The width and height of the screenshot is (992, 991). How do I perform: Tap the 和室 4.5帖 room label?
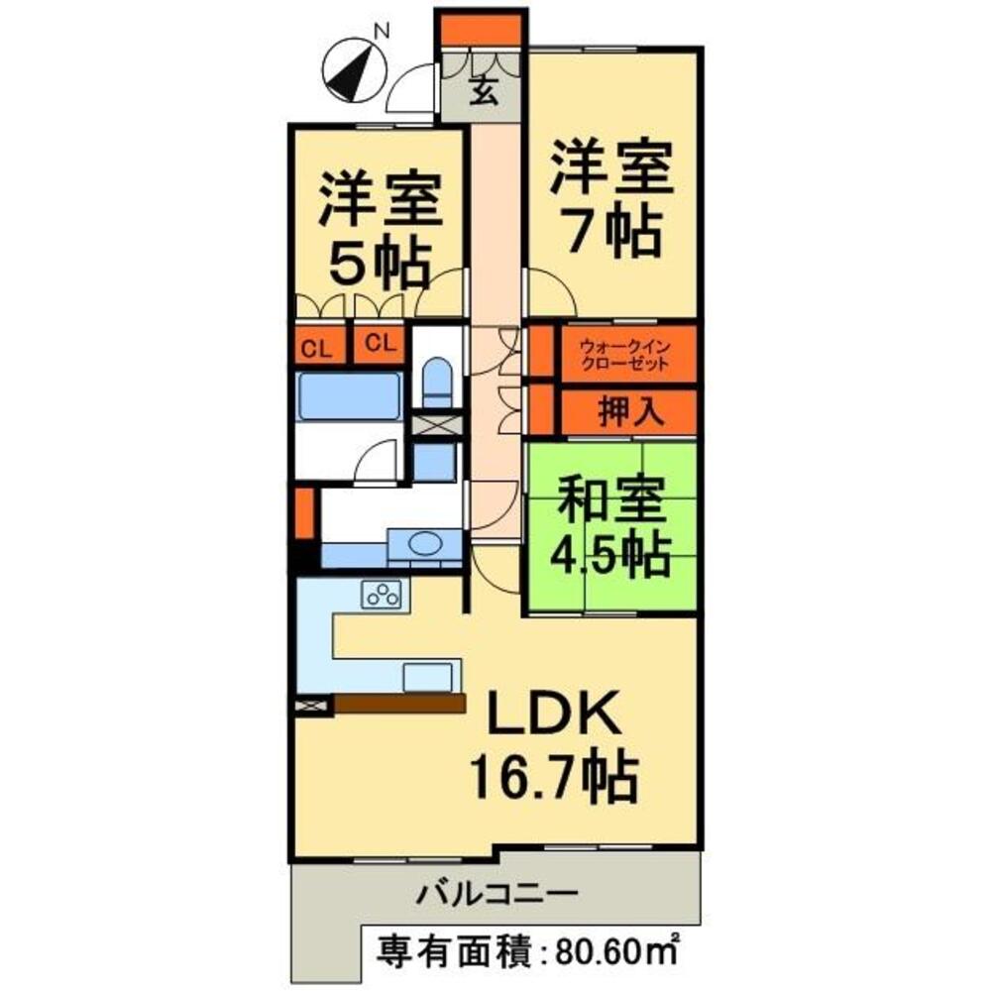coord(611,527)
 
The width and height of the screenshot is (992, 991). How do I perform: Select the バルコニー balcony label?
coord(496,893)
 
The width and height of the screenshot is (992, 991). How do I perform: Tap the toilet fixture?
coord(436,382)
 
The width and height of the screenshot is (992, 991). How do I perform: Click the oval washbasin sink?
coord(427,543)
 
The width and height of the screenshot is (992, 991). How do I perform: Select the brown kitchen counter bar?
coord(399,703)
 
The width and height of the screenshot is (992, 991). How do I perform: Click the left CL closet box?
coord(317,346)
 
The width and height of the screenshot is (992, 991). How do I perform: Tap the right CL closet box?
coord(379,345)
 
